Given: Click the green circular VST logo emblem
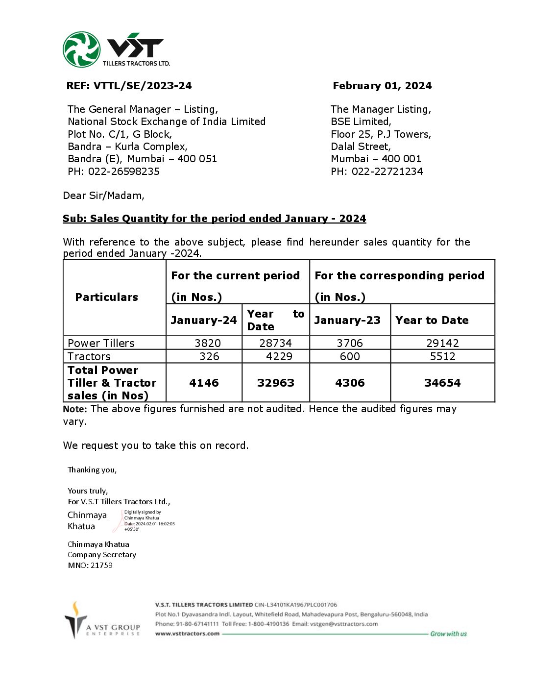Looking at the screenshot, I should (81, 49).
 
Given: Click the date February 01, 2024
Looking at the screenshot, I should (382, 86).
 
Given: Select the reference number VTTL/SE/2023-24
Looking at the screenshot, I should (143, 86).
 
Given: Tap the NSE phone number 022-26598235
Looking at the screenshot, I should (124, 172).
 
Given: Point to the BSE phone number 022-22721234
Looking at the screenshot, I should (387, 172).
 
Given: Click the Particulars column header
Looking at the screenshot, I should (107, 297).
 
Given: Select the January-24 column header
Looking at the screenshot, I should (204, 320).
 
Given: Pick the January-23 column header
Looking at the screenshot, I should (347, 320).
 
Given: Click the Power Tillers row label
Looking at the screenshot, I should (101, 343).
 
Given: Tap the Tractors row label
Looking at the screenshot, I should (89, 356).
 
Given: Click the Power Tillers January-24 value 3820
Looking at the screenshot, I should (208, 343).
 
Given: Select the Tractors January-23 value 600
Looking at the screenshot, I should (350, 356).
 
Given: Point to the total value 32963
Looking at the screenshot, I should (276, 383).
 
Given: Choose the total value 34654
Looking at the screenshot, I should (442, 383).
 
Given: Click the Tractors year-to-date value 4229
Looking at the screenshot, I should (279, 356).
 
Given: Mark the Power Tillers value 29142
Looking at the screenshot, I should (442, 343).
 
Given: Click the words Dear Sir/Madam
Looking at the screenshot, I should (104, 196).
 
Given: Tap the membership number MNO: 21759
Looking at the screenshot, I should (90, 565).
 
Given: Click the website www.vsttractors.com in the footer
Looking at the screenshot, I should (187, 634).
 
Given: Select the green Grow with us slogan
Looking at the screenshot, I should (448, 634).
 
